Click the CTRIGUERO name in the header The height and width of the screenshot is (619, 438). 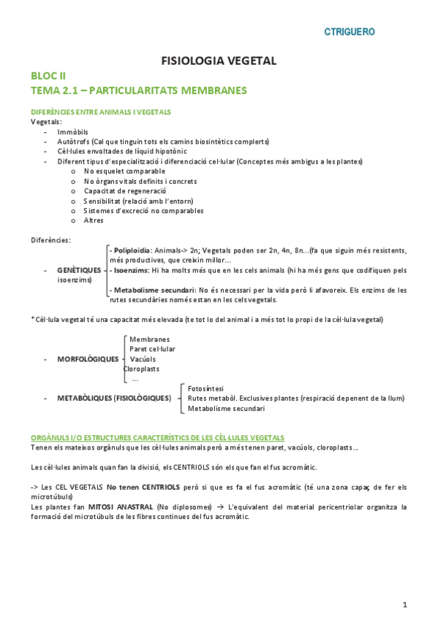click(x=350, y=31)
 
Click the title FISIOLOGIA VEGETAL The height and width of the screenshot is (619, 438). click(x=219, y=61)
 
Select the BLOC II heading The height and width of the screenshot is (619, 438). click(x=48, y=76)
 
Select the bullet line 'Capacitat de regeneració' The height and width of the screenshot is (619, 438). click(x=120, y=191)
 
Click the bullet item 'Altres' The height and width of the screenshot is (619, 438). click(x=94, y=220)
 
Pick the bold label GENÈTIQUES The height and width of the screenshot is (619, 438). click(x=79, y=270)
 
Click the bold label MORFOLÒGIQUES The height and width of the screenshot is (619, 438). click(x=87, y=359)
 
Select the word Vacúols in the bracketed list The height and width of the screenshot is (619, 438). click(x=143, y=359)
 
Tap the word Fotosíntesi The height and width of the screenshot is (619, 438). click(x=205, y=388)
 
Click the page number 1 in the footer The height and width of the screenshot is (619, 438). click(x=404, y=604)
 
